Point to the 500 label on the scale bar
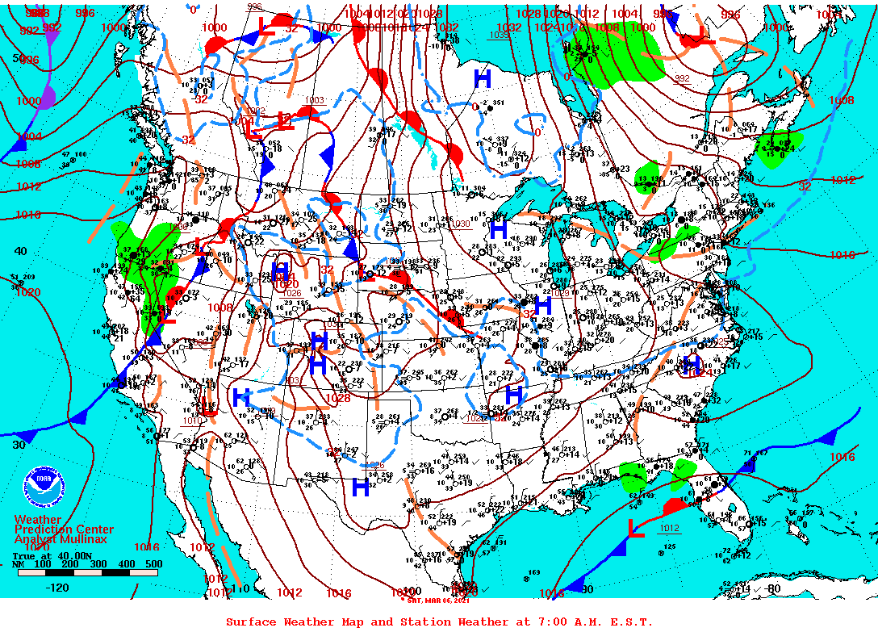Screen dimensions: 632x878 (153, 564)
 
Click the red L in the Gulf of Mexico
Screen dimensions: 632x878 (636, 529)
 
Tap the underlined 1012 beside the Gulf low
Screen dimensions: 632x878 (669, 529)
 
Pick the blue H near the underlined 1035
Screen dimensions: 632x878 (483, 78)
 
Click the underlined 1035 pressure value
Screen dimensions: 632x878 (500, 35)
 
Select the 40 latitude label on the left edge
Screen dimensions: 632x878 (20, 251)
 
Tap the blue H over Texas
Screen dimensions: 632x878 (361, 487)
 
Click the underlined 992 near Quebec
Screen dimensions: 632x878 (682, 78)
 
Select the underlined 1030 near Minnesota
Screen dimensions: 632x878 (460, 224)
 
